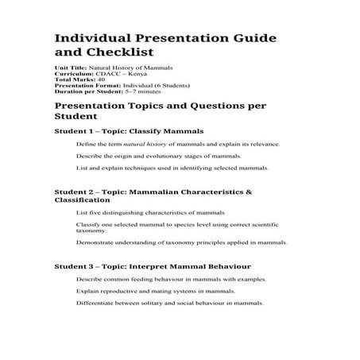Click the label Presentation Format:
(82, 87)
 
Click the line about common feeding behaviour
(171, 280)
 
